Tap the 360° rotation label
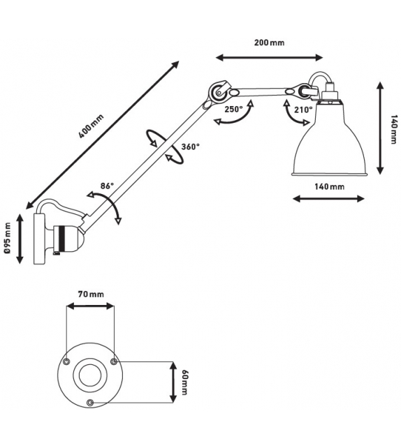190,147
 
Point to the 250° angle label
233,109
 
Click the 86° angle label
106,186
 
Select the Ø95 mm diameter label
8,241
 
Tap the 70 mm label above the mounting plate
90,294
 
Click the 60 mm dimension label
185,382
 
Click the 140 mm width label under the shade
328,186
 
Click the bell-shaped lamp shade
328,143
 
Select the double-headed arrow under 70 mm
89,306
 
